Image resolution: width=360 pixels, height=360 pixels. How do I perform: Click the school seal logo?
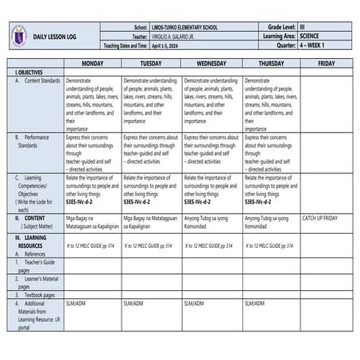17,37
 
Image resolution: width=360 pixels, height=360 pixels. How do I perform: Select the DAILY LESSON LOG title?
56,37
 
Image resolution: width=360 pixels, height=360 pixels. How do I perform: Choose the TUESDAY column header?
151,63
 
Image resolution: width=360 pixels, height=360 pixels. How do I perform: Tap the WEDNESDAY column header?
211,63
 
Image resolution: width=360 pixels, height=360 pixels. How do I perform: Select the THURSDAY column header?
271,63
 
